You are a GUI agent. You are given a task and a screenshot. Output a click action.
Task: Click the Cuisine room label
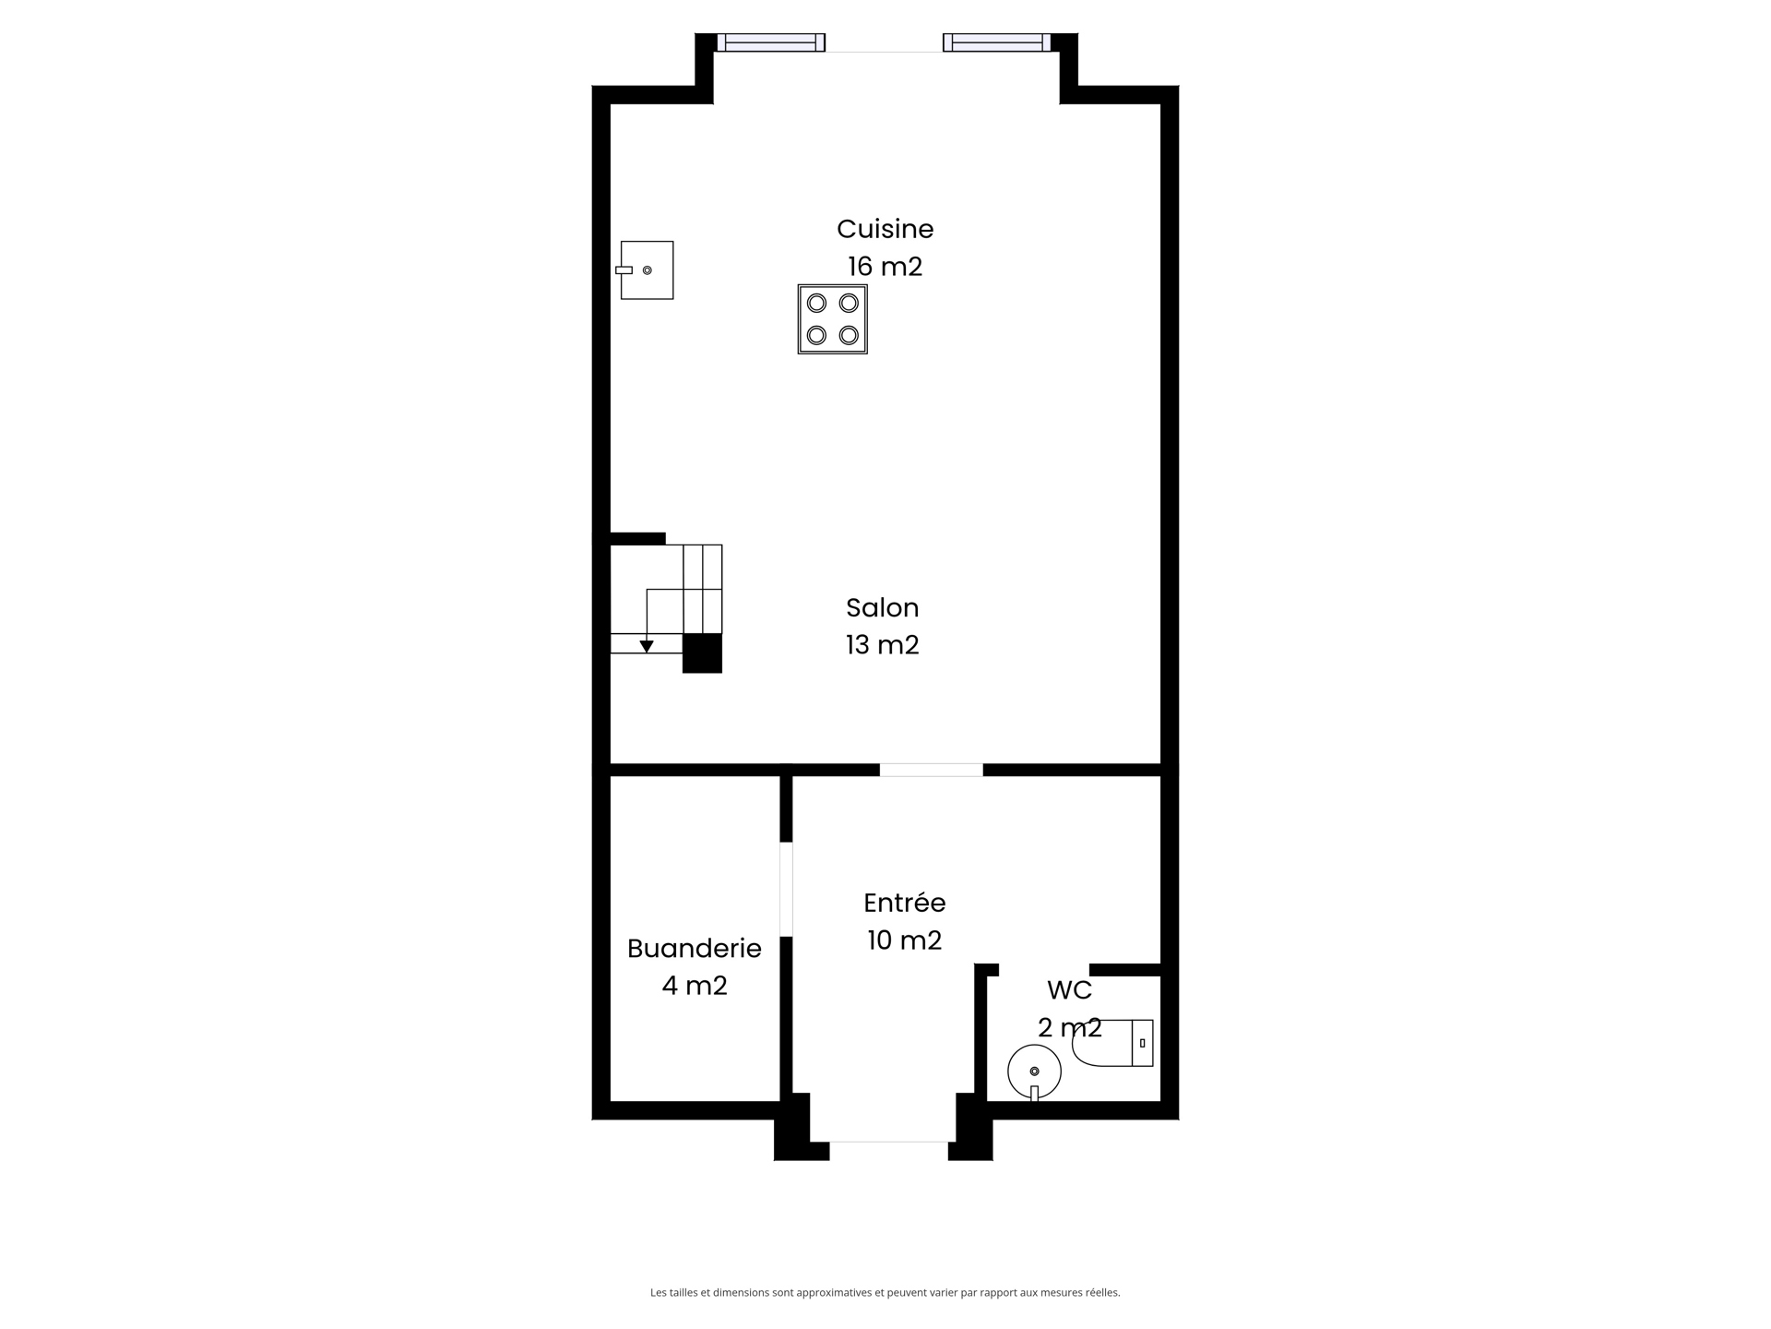click(885, 229)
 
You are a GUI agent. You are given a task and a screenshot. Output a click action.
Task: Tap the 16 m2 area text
click(885, 267)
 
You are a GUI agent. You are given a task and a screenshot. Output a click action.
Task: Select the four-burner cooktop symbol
click(832, 319)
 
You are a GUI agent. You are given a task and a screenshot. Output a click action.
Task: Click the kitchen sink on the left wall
click(646, 270)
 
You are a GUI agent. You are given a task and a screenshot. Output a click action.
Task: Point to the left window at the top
click(771, 42)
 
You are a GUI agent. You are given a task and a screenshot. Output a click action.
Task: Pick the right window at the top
click(996, 42)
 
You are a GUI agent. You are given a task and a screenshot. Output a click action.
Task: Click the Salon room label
click(883, 607)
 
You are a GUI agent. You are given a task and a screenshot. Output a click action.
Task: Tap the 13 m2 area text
click(883, 645)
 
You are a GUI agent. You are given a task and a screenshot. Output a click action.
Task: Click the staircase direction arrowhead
click(647, 646)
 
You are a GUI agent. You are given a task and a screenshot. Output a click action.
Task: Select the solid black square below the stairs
click(702, 653)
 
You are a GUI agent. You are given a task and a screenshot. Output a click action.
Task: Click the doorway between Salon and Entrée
click(932, 770)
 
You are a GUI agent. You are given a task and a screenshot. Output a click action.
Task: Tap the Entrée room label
click(905, 903)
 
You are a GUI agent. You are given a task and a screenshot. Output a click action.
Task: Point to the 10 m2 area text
click(905, 940)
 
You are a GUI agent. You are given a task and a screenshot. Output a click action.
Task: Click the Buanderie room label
click(695, 949)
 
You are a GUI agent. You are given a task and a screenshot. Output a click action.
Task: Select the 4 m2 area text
click(695, 987)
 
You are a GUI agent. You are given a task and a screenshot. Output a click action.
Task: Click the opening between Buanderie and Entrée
click(786, 889)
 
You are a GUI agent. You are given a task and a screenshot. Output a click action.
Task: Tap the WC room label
click(1070, 990)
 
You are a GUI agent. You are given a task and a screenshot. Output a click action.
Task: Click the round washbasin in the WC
click(1035, 1072)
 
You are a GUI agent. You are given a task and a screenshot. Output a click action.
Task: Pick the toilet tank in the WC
click(1142, 1043)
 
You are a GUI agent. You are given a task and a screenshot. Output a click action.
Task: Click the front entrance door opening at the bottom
click(889, 1143)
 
